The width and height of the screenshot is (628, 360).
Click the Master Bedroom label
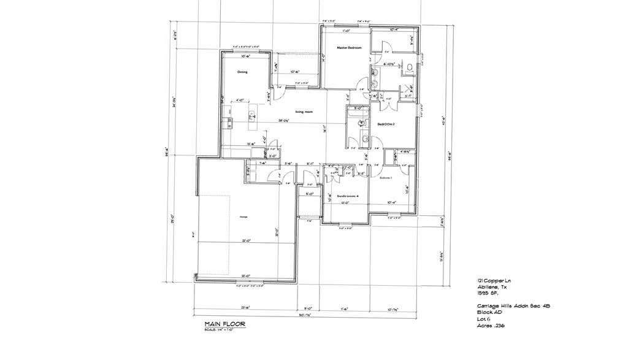pos(349,48)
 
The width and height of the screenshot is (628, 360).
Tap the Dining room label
pos(242,72)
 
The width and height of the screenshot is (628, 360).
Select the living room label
pos(304,112)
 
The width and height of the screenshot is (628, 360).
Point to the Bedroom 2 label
pos(385,124)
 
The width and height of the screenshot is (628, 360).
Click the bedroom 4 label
pos(347,196)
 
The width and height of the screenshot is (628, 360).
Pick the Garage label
pos(243,216)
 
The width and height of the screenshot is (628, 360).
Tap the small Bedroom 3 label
pos(385,177)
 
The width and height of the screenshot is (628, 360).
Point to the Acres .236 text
pos(491,325)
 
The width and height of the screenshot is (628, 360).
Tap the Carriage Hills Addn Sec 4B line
pos(508,305)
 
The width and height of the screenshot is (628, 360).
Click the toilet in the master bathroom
pos(409,66)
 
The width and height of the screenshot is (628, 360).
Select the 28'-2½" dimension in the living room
pos(284,120)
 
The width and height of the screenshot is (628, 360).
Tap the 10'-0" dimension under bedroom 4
pos(345,202)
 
